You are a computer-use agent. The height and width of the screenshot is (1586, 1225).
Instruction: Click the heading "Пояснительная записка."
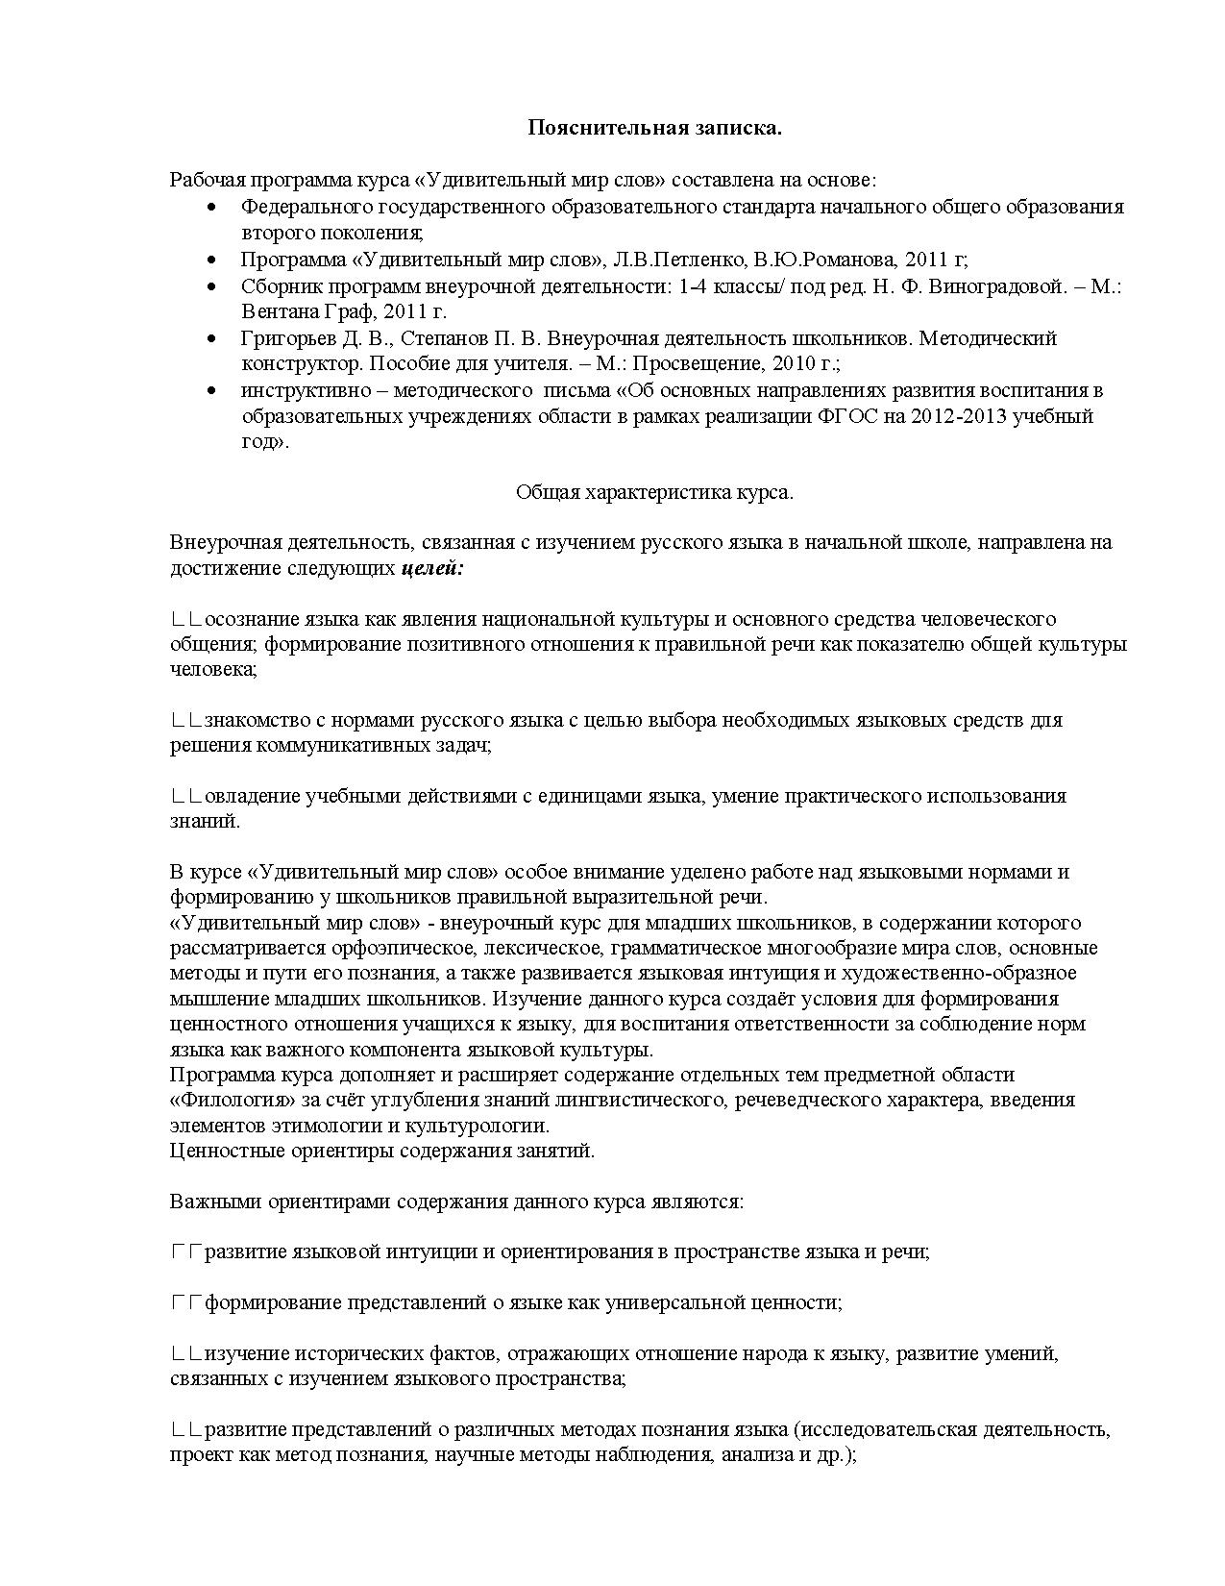(x=654, y=128)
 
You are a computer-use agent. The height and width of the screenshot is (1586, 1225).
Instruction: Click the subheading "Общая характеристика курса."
(x=654, y=492)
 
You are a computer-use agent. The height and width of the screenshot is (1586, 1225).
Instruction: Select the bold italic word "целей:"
(x=431, y=568)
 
